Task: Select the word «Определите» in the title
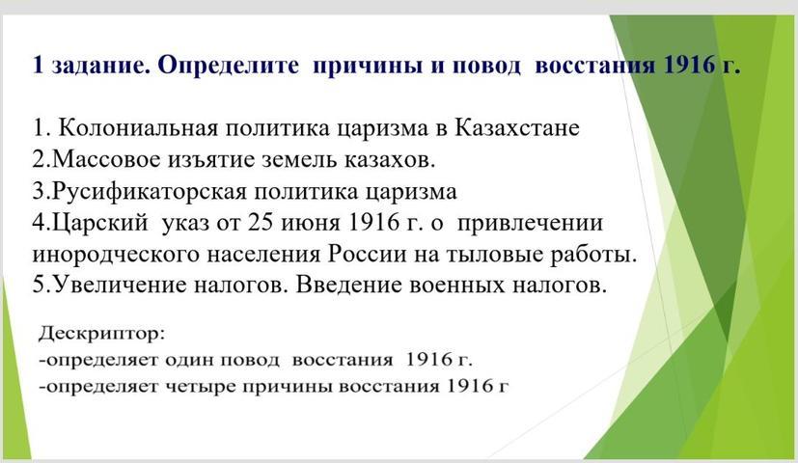(x=228, y=66)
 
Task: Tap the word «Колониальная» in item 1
(x=138, y=127)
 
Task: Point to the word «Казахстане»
(x=516, y=127)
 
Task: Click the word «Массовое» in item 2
(x=106, y=159)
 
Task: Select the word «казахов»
(x=390, y=159)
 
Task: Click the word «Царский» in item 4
(x=99, y=224)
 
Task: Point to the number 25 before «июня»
(x=260, y=223)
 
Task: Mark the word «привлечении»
(x=530, y=225)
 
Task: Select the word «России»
(x=367, y=254)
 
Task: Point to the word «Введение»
(x=348, y=285)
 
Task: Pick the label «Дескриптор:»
(x=101, y=335)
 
